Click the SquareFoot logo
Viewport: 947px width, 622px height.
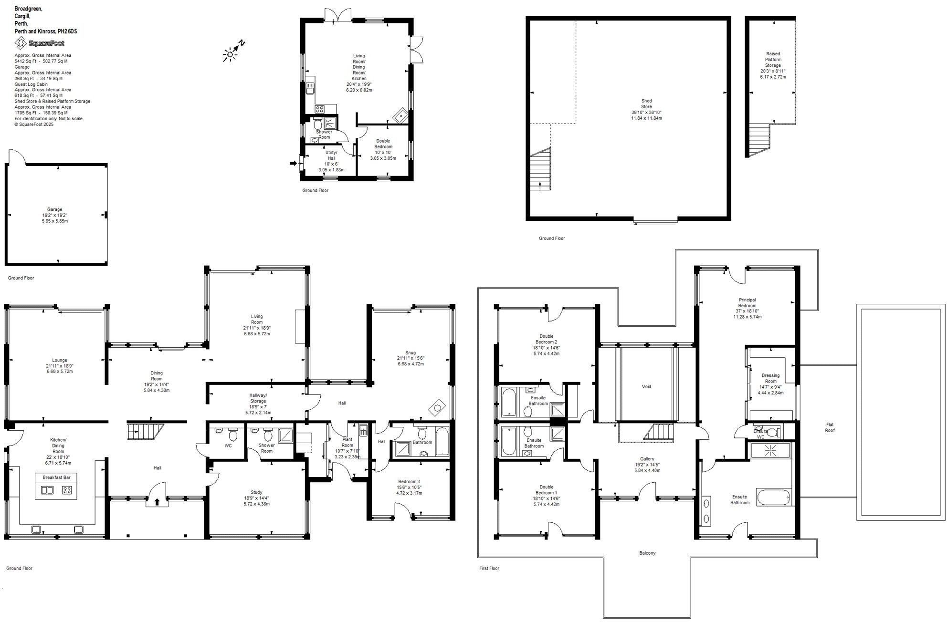40,43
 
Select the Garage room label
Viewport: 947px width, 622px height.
54,209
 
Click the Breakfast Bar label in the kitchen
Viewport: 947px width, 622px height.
56,477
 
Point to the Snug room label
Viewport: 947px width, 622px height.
410,353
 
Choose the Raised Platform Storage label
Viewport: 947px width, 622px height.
773,60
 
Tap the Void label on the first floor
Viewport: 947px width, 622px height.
646,387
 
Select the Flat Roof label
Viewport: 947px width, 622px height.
830,427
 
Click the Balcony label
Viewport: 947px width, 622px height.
647,553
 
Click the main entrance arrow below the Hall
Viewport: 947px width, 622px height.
157,502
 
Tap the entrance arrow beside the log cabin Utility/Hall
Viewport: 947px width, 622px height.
293,164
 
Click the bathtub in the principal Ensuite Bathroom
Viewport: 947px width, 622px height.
773,498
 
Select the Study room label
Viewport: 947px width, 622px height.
256,492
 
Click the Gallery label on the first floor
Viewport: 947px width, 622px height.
647,459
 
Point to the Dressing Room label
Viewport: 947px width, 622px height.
770,378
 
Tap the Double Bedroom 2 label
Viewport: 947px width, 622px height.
547,339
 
